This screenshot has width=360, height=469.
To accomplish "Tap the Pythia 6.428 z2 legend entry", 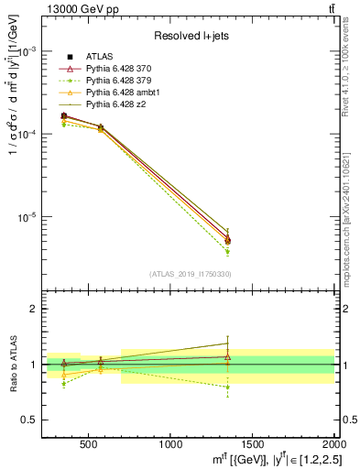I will [x=117, y=104].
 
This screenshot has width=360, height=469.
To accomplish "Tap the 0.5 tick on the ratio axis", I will [x=27, y=420].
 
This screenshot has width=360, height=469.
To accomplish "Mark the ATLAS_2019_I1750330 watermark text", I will [x=190, y=274].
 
